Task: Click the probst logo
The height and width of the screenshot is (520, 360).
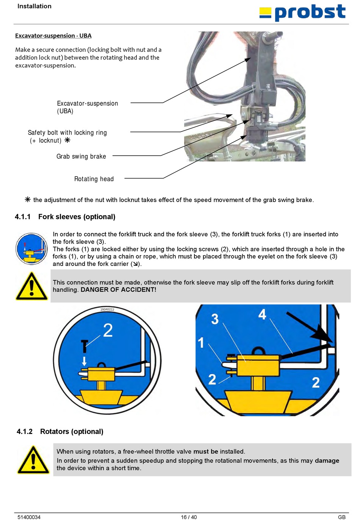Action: click(302, 12)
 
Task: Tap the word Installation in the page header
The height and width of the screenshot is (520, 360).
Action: click(34, 6)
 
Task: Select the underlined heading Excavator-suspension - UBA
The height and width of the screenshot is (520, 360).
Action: click(53, 36)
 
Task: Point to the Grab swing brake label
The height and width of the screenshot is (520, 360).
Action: click(81, 156)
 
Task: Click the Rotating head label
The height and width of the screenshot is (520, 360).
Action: click(94, 179)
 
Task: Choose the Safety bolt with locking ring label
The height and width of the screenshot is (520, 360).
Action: click(67, 133)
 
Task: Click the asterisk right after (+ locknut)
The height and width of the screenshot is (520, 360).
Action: click(67, 140)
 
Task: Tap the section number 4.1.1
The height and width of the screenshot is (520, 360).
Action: click(23, 217)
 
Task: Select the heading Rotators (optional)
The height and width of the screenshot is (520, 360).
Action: click(72, 431)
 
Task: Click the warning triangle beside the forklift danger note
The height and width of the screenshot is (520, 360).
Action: click(32, 286)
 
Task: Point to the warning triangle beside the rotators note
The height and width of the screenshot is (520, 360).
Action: click(33, 460)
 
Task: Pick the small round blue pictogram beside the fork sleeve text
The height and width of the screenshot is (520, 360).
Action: click(31, 249)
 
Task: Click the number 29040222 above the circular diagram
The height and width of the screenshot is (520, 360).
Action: click(107, 309)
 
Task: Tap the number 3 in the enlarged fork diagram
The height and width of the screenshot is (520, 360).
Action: click(215, 319)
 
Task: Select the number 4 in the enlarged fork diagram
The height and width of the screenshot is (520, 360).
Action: click(262, 314)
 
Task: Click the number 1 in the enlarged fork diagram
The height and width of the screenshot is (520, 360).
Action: click(201, 343)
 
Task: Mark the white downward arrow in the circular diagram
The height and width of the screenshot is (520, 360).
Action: click(84, 360)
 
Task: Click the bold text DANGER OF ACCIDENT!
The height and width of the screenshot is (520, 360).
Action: click(118, 290)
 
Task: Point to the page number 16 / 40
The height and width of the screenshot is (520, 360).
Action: click(189, 517)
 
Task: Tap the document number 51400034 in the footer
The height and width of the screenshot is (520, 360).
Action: click(29, 517)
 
